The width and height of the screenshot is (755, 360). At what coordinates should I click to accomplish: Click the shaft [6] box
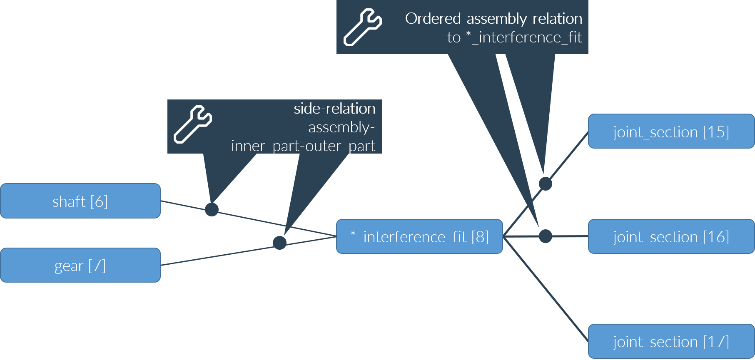tap(80, 201)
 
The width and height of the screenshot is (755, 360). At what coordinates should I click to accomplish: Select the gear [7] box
tap(80, 265)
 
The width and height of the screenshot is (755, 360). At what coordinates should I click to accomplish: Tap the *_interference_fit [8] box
tap(419, 236)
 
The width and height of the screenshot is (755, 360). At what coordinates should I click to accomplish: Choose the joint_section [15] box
tap(671, 132)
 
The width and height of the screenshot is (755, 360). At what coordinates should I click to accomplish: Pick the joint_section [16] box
tap(671, 236)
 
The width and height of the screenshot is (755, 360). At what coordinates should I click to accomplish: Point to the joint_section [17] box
tap(671, 341)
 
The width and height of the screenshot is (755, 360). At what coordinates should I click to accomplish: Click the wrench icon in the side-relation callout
tap(193, 124)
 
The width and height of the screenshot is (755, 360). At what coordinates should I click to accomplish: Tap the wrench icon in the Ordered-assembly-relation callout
tap(362, 27)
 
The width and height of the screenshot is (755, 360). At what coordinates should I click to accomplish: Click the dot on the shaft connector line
tap(212, 209)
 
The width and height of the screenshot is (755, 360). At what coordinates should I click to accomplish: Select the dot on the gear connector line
tap(279, 243)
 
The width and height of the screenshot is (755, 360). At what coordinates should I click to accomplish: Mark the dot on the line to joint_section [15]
tap(545, 184)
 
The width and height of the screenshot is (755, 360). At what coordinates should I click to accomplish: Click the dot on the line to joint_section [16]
tap(545, 236)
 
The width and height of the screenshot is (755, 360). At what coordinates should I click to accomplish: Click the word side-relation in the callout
tap(334, 109)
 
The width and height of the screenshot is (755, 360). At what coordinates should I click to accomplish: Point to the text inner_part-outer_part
tap(303, 146)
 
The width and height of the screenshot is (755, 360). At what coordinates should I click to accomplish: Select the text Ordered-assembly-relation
tap(493, 19)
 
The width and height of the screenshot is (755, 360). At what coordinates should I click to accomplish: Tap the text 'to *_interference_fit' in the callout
tap(514, 37)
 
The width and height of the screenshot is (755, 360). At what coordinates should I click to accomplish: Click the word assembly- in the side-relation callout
tap(341, 127)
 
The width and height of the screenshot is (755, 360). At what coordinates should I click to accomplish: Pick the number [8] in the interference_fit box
tap(480, 237)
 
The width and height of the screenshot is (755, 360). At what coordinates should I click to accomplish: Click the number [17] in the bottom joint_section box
tap(716, 342)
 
